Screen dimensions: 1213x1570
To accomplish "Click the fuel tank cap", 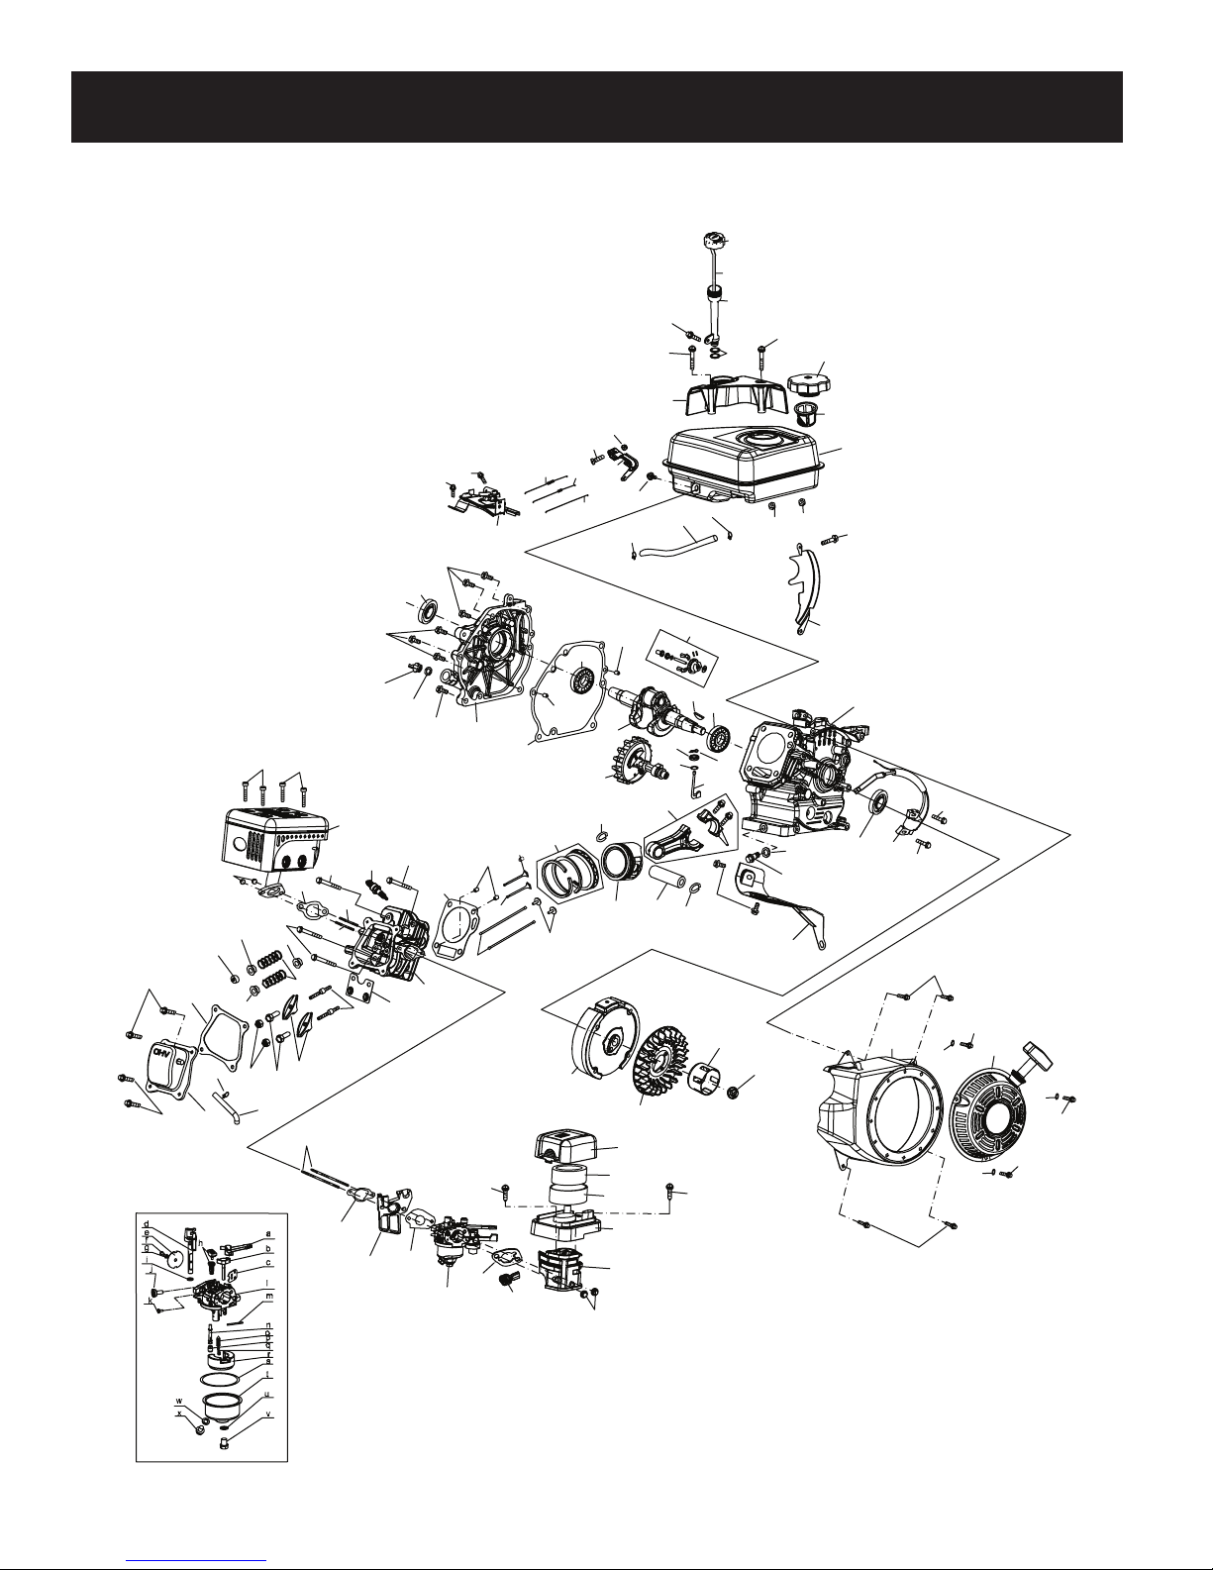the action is pos(808,379).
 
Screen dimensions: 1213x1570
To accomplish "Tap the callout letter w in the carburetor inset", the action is pos(178,1401).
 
